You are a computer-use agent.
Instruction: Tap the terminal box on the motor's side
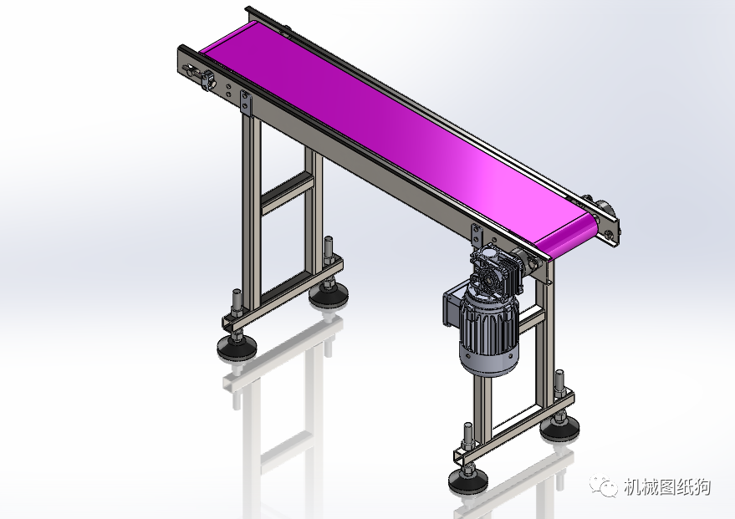coord(451,308)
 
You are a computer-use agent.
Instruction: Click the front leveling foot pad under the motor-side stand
coord(467,480)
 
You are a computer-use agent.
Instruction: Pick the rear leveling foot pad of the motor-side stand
coord(559,430)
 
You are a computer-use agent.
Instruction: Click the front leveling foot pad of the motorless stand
coord(237,348)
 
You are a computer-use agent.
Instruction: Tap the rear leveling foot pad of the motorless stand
coord(328,295)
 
